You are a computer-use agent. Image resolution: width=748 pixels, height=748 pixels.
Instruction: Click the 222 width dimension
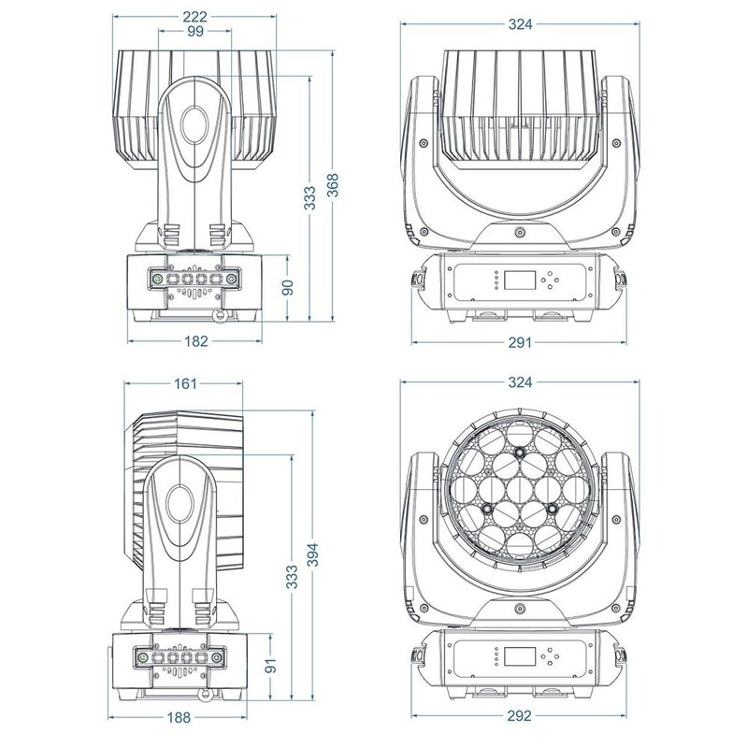point(195,18)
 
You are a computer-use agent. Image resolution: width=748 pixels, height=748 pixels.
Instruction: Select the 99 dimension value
point(195,32)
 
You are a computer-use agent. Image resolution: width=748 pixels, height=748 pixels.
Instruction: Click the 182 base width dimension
point(195,342)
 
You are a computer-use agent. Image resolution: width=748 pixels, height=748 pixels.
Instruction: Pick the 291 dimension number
point(520,342)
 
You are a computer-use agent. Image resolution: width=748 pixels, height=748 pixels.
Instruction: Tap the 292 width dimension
point(520,717)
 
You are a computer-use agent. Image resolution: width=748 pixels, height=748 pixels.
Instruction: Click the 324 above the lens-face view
point(520,382)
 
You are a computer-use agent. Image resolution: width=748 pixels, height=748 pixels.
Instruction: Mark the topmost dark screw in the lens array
point(520,453)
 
